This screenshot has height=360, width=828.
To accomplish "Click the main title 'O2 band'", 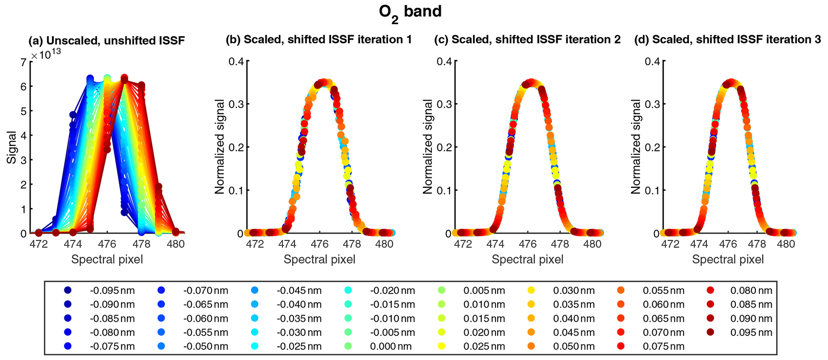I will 410,12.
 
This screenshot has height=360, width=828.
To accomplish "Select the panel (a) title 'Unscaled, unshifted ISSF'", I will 107,40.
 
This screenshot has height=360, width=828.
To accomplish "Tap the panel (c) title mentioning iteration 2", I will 528,40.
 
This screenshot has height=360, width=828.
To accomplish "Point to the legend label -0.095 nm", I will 112,291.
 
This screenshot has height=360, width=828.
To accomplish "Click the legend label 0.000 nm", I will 391,346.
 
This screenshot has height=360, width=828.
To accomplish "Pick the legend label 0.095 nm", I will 751,332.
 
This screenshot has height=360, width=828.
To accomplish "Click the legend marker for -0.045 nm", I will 255,290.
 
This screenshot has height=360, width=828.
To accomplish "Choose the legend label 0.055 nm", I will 663,291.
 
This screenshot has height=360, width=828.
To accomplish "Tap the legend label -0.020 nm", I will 392,291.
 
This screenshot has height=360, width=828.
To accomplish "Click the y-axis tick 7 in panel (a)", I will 23,62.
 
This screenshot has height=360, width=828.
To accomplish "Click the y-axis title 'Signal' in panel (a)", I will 12,147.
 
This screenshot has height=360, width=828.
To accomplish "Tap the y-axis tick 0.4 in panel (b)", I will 236,61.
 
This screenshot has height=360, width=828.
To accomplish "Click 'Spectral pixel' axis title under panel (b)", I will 319,259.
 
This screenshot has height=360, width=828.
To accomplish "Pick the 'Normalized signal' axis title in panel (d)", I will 636,147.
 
